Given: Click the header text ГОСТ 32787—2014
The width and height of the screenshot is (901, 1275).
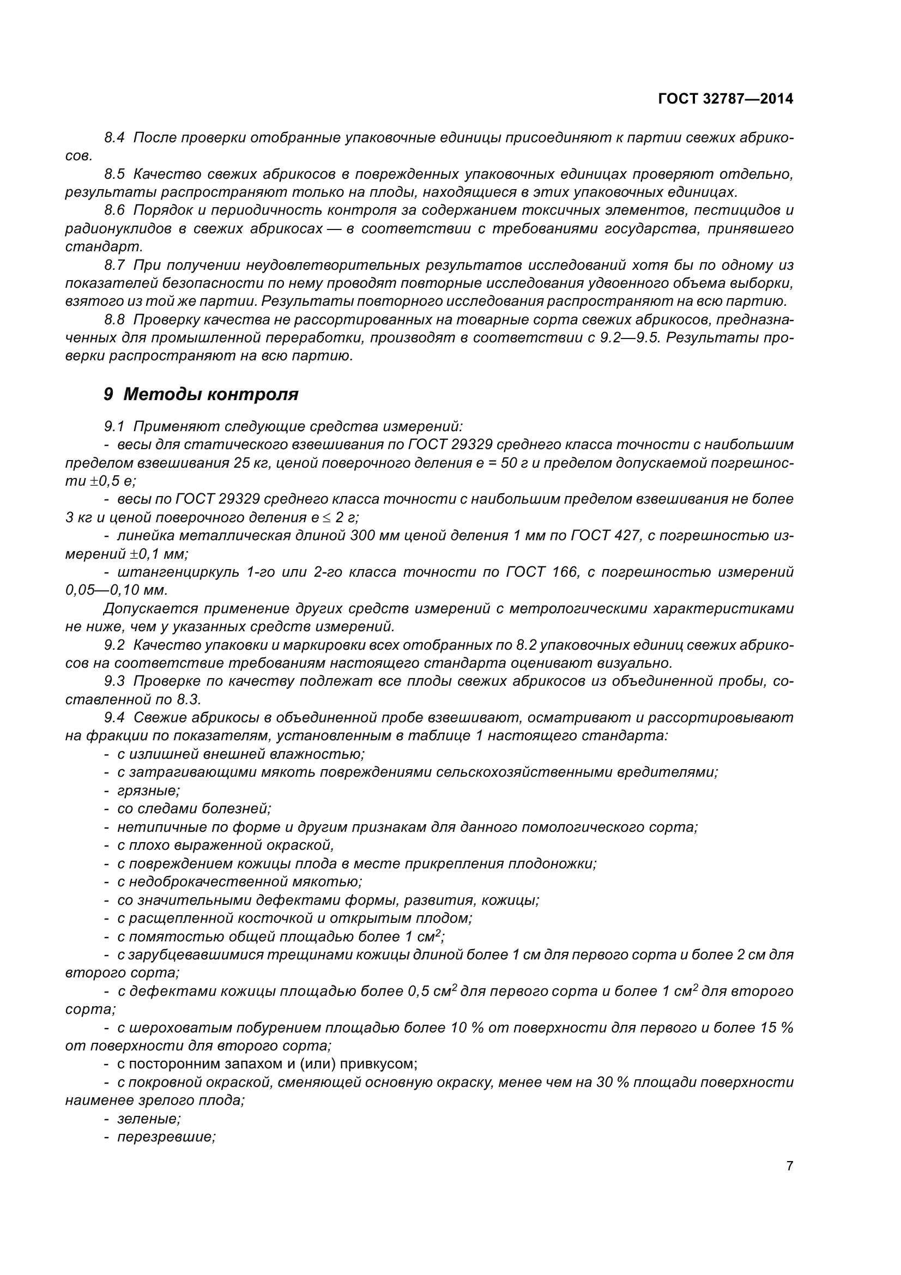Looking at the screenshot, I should pos(725,99).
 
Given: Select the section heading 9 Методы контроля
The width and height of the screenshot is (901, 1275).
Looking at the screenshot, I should pos(201,394).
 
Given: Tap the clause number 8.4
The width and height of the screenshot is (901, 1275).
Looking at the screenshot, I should pos(114,137).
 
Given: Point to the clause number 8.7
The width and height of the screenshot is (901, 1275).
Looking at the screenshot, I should pos(114,265).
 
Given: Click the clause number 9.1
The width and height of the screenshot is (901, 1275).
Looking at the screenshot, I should pos(114,426).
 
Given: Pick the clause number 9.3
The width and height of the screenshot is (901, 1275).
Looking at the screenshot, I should pos(114,681).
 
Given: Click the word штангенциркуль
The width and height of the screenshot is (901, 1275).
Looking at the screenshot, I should pos(178,572).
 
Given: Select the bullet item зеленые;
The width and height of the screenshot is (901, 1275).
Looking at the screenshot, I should pos(149,1119).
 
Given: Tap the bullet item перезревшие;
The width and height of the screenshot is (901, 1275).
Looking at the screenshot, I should pos(166,1137).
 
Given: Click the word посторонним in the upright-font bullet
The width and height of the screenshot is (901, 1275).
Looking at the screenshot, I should pos(176,1064).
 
